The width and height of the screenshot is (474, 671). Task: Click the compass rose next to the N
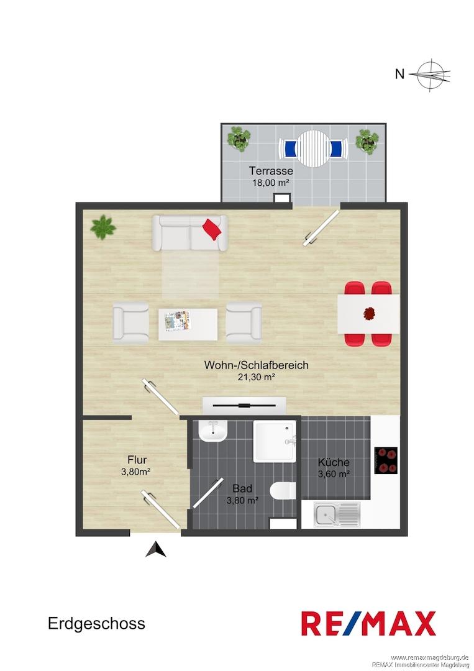pyautogui.click(x=430, y=75)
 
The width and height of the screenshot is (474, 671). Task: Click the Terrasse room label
pyautogui.click(x=271, y=171)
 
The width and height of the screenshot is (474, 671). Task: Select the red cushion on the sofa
pyautogui.click(x=212, y=229)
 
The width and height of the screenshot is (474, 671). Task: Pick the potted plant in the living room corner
pyautogui.click(x=103, y=227)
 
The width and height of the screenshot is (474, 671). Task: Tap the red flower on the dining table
pyautogui.click(x=369, y=314)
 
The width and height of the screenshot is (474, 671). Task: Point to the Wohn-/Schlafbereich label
pyautogui.click(x=256, y=365)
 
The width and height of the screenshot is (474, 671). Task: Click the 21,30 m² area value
pyautogui.click(x=256, y=377)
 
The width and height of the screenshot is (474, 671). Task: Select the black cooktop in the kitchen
pyautogui.click(x=386, y=460)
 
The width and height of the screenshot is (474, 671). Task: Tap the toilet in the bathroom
pyautogui.click(x=283, y=491)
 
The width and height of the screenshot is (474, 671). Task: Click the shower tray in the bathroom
pyautogui.click(x=275, y=441)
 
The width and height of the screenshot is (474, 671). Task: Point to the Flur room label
pyautogui.click(x=137, y=460)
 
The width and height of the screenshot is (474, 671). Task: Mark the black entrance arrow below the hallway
pyautogui.click(x=156, y=549)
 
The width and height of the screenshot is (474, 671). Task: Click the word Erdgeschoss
pyautogui.click(x=97, y=624)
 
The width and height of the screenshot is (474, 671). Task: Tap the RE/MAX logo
pyautogui.click(x=369, y=624)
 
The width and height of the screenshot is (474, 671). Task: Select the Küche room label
pyautogui.click(x=334, y=463)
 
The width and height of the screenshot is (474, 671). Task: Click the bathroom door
pyautogui.click(x=208, y=493)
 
